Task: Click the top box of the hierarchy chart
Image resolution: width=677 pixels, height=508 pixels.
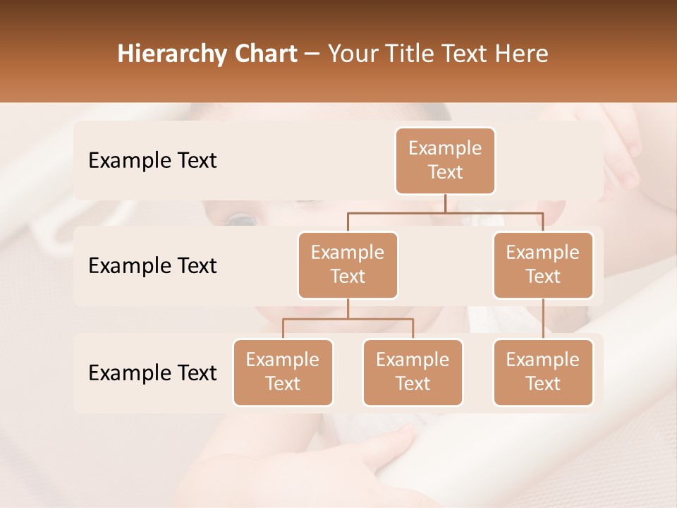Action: coord(445,160)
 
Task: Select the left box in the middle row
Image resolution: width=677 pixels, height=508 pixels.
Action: coord(348,265)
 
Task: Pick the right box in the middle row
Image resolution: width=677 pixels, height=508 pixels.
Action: coord(543,265)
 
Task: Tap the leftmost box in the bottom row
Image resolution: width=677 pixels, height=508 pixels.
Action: coord(283,372)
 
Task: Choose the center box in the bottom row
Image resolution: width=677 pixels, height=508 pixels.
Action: coord(413,372)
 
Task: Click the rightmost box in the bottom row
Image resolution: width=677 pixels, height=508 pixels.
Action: coord(543,372)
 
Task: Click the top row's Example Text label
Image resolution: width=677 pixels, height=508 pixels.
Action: coord(152,161)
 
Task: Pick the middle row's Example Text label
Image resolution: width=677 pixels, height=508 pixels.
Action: coord(152,266)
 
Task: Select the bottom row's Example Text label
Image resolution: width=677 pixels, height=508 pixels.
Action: coord(152,373)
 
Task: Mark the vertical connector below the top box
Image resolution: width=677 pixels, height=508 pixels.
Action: coord(445,203)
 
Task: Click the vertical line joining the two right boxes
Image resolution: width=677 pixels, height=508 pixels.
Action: coord(543,318)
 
